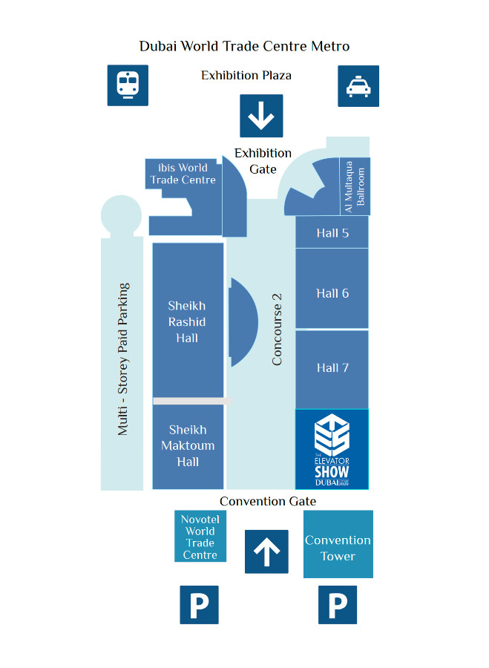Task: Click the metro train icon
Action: tap(128, 85)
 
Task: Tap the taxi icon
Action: tap(358, 86)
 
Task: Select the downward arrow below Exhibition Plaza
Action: tap(261, 117)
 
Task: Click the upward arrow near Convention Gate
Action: tap(266, 551)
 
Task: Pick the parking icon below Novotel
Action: tap(200, 605)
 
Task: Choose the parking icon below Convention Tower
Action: tap(338, 605)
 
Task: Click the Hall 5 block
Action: tap(332, 233)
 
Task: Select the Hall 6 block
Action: tap(332, 293)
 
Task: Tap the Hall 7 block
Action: tap(332, 367)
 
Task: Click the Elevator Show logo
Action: tap(332, 449)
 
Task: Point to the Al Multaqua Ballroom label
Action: tap(355, 187)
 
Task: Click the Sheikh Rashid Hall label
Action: tap(187, 322)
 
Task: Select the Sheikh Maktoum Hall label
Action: tap(188, 445)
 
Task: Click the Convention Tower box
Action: tap(338, 548)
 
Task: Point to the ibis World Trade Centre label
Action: tap(183, 174)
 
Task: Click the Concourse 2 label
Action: tap(278, 329)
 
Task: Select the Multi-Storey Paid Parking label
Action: tap(122, 358)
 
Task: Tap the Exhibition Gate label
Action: tap(263, 161)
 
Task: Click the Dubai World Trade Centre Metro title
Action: tap(244, 46)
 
